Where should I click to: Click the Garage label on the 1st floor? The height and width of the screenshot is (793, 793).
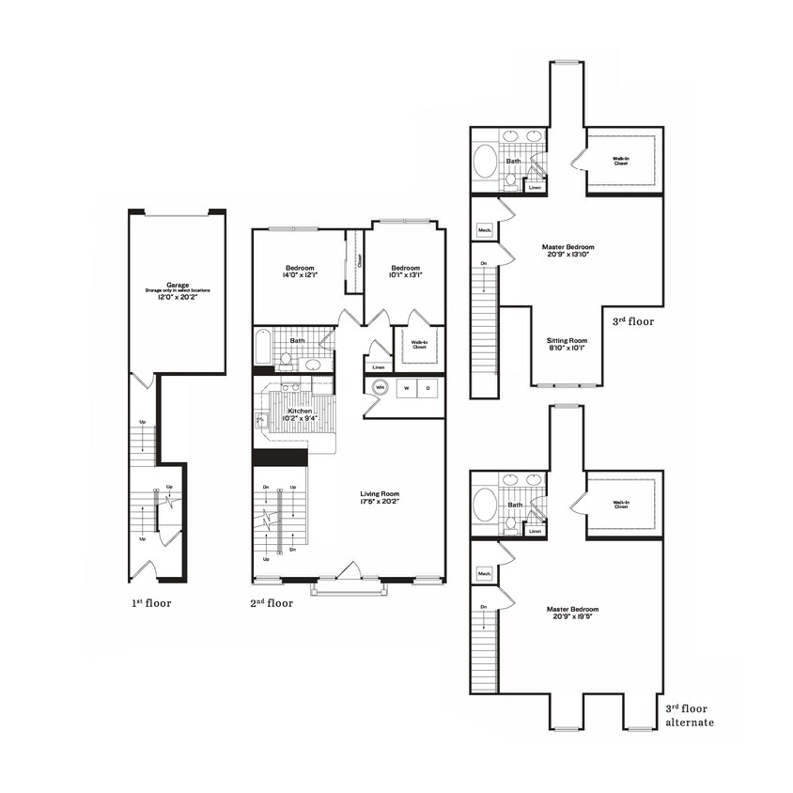click(x=177, y=284)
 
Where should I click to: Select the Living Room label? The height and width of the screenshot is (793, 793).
click(x=381, y=494)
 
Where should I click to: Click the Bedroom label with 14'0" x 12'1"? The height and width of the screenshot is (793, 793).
click(x=299, y=267)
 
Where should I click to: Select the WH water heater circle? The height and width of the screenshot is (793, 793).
click(x=381, y=387)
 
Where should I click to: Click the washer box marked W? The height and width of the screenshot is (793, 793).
click(x=408, y=387)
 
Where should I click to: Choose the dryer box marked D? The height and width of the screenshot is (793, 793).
click(x=428, y=387)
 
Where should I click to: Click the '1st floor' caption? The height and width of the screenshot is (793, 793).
click(x=151, y=604)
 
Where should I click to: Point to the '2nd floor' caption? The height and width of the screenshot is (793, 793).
click(x=272, y=604)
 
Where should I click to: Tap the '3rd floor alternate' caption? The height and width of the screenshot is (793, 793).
click(x=689, y=716)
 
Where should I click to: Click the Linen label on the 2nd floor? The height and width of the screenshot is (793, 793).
click(x=379, y=367)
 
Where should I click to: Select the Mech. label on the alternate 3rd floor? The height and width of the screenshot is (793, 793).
click(x=485, y=573)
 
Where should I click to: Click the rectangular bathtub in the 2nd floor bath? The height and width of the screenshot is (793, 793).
click(x=262, y=349)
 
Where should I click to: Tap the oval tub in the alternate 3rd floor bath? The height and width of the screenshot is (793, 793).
click(x=486, y=505)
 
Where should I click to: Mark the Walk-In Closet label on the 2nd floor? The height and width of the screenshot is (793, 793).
click(x=419, y=344)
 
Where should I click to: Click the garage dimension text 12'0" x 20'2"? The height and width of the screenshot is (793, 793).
click(x=177, y=297)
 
